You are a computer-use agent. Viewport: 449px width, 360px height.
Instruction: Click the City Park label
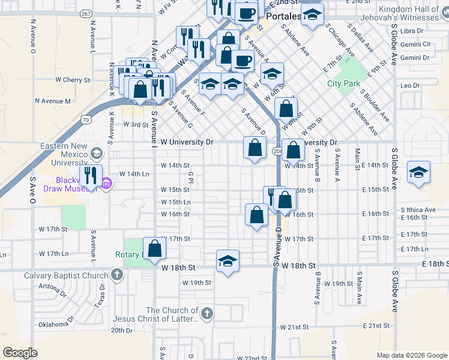click(x=343, y=83)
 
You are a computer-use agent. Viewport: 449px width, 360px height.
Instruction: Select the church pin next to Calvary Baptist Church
click(x=116, y=276)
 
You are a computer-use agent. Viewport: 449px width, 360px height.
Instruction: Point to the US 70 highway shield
click(x=87, y=120)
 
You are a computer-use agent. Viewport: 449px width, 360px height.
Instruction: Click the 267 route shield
click(x=86, y=13)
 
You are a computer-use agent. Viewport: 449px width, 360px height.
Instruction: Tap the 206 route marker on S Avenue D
click(x=277, y=151)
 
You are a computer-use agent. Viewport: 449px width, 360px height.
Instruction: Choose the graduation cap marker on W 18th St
click(x=228, y=261)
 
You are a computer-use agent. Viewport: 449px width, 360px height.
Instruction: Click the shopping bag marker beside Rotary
click(x=154, y=248)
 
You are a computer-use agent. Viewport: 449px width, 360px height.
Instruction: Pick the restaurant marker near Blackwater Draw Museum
click(x=91, y=176)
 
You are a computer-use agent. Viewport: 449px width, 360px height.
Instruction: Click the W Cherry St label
click(x=72, y=79)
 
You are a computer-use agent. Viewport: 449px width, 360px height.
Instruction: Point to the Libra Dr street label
click(x=411, y=31)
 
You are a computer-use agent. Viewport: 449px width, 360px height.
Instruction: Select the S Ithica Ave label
click(x=418, y=209)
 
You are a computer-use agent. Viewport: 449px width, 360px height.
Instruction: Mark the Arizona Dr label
click(x=53, y=287)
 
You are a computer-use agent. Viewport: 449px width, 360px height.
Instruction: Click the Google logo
click(x=20, y=353)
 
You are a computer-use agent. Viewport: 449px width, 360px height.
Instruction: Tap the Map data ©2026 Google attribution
click(x=412, y=355)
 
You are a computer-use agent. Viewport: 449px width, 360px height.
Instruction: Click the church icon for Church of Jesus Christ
click(x=206, y=313)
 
